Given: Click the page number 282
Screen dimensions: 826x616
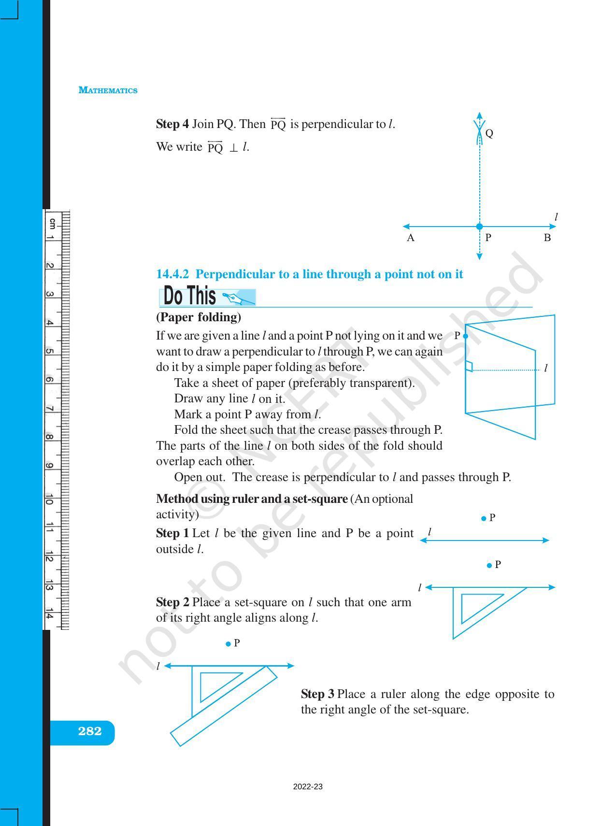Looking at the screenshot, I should [x=90, y=731].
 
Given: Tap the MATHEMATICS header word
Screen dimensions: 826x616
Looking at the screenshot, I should [x=108, y=90].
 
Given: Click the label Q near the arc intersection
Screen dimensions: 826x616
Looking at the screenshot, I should [x=489, y=133].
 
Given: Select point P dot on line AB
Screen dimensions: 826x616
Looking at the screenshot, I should [x=479, y=227].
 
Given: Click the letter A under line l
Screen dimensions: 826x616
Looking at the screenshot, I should [x=411, y=238].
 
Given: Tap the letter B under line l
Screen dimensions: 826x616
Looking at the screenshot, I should [x=547, y=238].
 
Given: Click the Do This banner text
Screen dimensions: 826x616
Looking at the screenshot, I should [x=190, y=296].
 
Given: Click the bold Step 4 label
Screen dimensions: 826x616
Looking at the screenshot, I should [x=172, y=124].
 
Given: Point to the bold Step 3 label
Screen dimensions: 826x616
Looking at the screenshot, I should [x=317, y=694].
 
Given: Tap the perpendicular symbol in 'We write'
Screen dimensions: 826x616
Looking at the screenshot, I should [x=233, y=148].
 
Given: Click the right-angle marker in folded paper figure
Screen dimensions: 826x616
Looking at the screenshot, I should [x=469, y=367].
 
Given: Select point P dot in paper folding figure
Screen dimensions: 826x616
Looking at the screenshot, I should [x=465, y=336].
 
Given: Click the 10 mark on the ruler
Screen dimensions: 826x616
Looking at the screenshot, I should [x=50, y=499].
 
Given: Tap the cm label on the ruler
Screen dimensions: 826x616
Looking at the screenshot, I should [x=52, y=223].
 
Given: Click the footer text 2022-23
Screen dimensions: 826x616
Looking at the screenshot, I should [x=308, y=787].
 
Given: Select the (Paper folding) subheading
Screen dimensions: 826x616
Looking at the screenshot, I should [x=199, y=317].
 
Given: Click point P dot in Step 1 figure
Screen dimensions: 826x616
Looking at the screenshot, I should [x=484, y=518].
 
